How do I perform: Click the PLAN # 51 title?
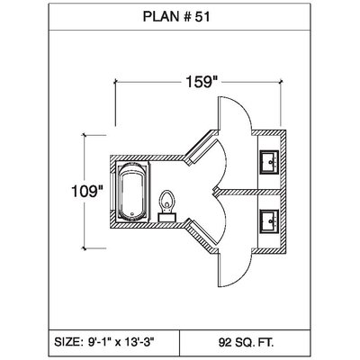coord(176,17)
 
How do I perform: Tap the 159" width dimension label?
coord(200,82)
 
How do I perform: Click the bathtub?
coord(132,192)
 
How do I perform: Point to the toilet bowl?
coord(167,201)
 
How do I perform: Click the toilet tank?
coord(167,217)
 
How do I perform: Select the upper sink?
coord(270,162)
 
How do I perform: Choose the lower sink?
coord(270,221)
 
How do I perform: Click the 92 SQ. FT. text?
coord(246,342)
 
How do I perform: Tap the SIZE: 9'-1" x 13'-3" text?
coord(104,342)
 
